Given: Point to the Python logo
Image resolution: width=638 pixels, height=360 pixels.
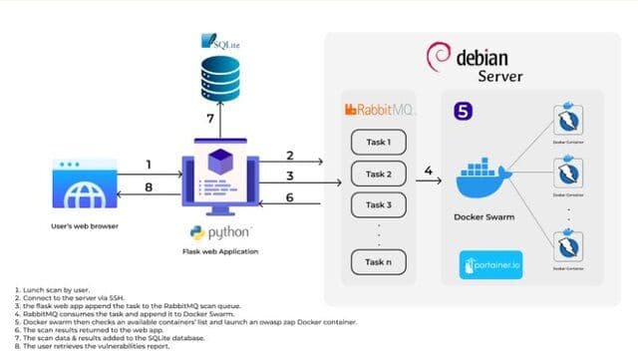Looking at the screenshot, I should pyautogui.click(x=221, y=232).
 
